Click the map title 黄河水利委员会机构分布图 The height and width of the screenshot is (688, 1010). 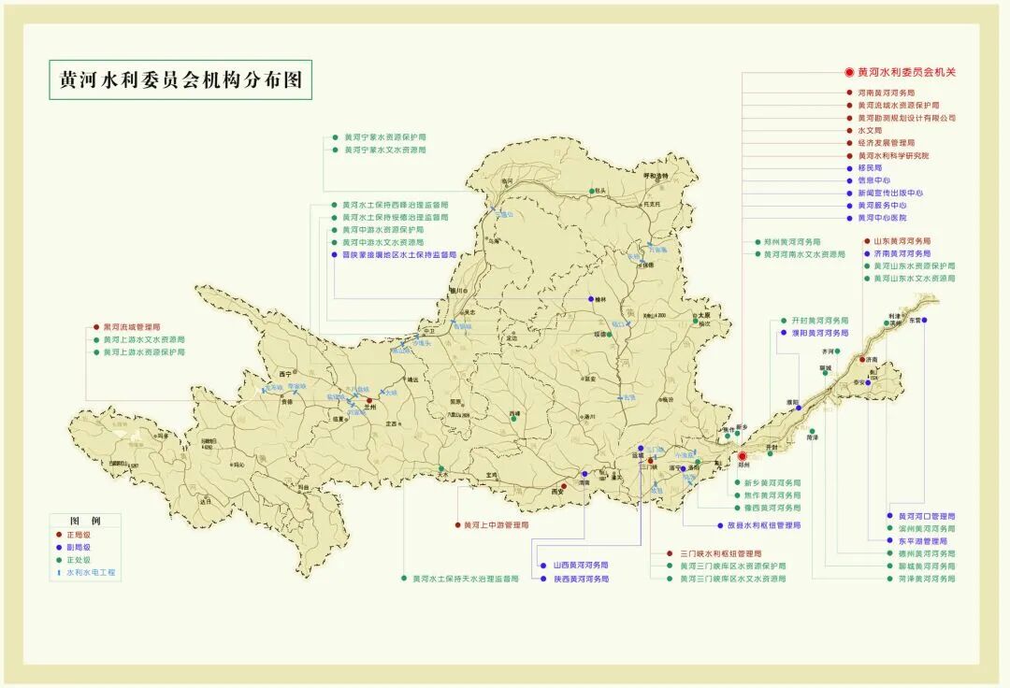[180, 80]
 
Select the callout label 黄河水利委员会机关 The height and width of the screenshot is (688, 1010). [906, 72]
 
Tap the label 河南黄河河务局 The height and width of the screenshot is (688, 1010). [893, 93]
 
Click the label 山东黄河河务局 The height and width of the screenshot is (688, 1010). [902, 241]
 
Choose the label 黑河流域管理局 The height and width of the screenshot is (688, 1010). [131, 328]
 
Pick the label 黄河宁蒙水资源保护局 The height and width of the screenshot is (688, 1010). [384, 136]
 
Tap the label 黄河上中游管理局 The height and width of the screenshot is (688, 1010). [496, 525]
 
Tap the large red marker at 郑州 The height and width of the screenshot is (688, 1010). [743, 457]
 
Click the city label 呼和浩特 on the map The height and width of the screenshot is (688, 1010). [656, 176]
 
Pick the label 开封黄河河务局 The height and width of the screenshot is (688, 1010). [819, 320]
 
